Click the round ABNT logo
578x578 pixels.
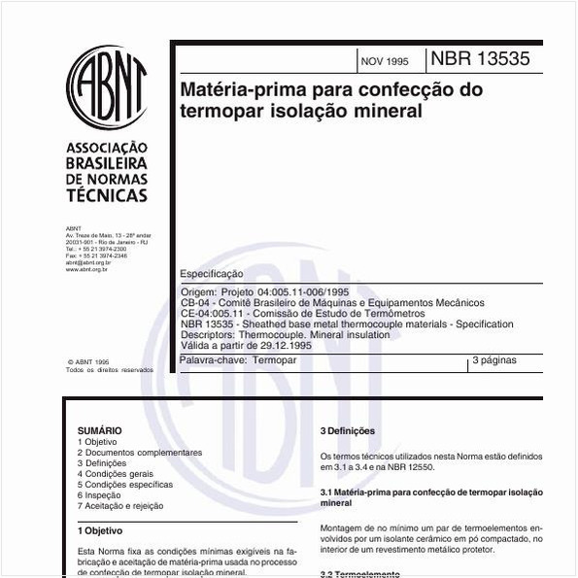107,86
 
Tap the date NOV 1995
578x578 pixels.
385,61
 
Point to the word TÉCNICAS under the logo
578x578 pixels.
107,195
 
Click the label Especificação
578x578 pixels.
213,275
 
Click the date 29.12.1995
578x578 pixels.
282,345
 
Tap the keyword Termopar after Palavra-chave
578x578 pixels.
274,360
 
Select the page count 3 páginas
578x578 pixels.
494,360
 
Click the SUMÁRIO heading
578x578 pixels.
100,430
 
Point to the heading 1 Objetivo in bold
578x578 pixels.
100,530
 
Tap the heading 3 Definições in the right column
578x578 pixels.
348,431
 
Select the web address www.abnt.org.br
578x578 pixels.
86,269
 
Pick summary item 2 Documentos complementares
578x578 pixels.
140,453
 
